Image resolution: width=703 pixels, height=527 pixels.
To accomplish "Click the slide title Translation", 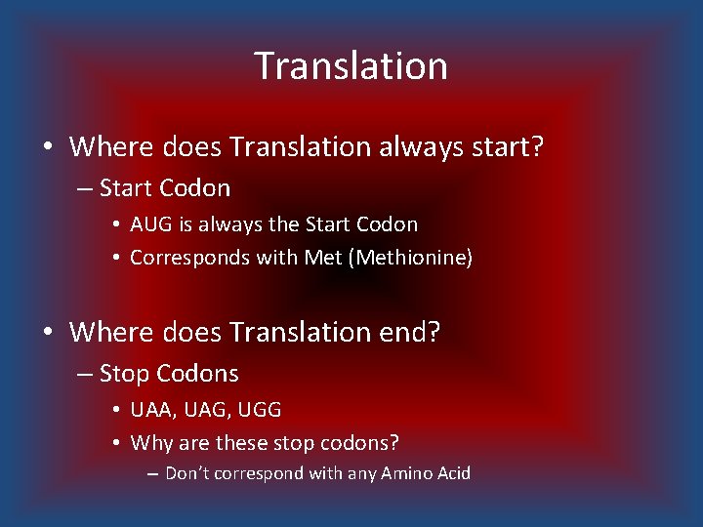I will point(351,66).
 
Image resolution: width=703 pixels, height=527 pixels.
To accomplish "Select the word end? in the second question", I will point(407,332).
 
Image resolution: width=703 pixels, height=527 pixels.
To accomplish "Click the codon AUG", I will point(149,224).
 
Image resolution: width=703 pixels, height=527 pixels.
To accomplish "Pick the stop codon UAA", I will point(150,410).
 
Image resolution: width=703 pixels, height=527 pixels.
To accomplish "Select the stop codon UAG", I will point(201,410).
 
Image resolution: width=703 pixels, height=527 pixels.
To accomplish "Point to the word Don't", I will point(189,473).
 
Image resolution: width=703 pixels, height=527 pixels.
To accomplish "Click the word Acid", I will point(451,473).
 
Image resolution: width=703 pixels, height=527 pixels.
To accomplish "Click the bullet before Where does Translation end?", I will point(47,333).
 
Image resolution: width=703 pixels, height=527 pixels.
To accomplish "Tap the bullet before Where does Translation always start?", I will point(47,148).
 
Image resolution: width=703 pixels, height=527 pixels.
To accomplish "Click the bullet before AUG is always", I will point(116,225).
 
